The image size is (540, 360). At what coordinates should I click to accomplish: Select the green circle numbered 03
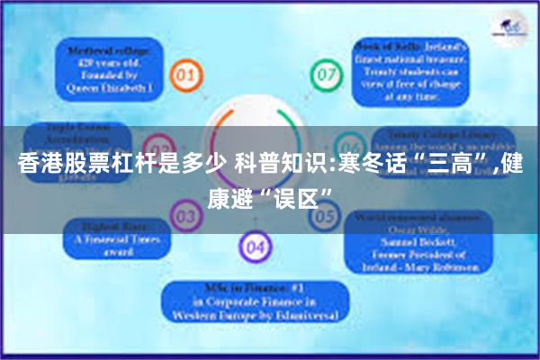(x=185, y=214)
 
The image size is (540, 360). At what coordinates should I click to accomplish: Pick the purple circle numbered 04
(x=256, y=244)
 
